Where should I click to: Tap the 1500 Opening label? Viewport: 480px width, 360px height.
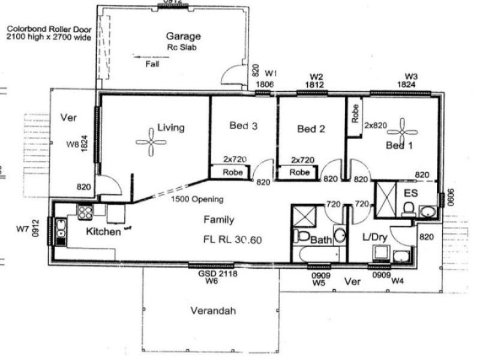click(197, 199)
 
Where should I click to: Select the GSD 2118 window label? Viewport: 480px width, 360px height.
click(211, 273)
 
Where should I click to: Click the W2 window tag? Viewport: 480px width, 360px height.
click(317, 77)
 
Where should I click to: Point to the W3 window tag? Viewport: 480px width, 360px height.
click(411, 76)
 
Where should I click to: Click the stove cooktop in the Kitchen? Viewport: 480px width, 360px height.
click(84, 212)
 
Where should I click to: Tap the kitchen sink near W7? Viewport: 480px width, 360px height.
click(61, 229)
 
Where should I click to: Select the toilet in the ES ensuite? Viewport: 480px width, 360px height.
click(408, 208)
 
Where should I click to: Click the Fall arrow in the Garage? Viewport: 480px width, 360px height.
click(146, 58)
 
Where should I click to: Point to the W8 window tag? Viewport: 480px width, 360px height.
click(73, 145)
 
